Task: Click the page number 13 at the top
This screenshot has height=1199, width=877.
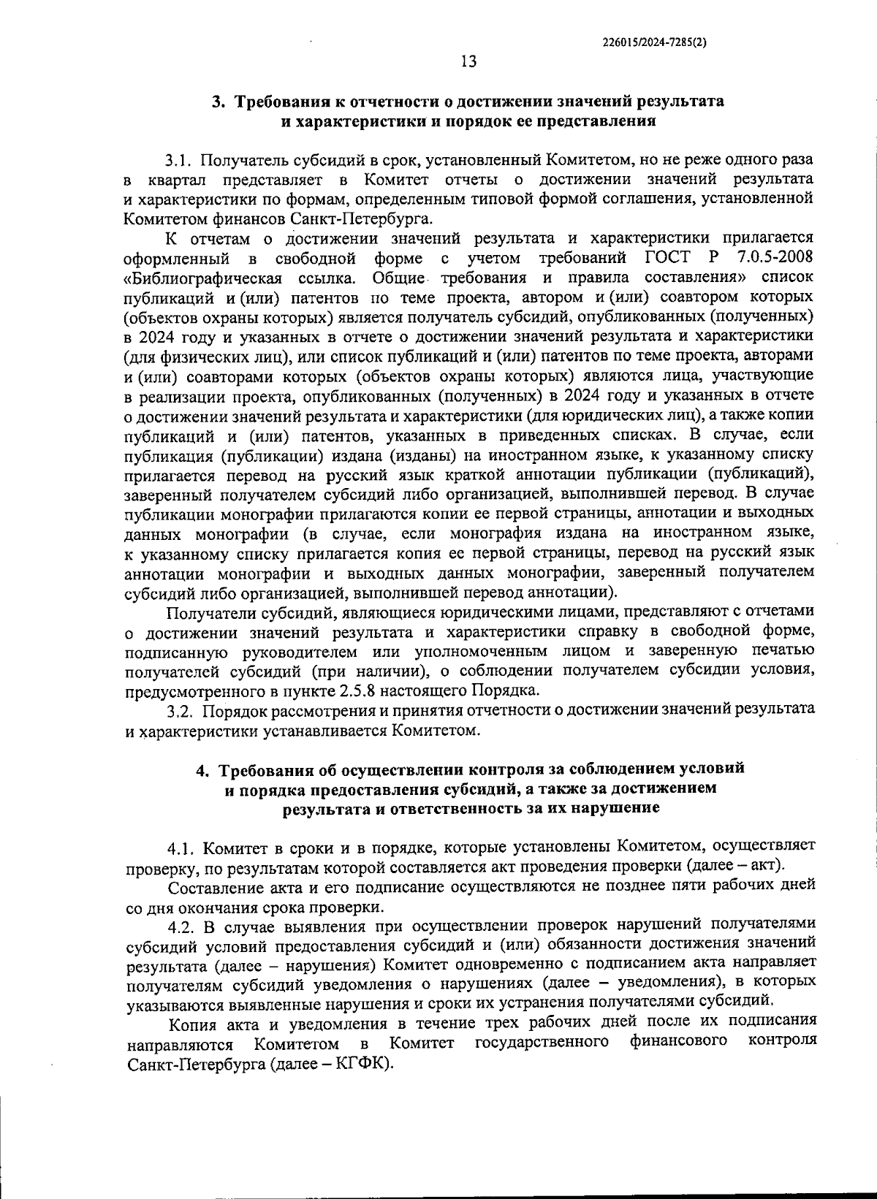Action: (468, 62)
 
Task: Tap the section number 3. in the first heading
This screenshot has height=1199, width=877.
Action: (219, 102)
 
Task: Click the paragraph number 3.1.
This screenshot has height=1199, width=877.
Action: (179, 159)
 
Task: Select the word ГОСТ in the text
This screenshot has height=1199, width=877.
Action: (667, 258)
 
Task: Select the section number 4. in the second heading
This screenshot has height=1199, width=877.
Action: (204, 769)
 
